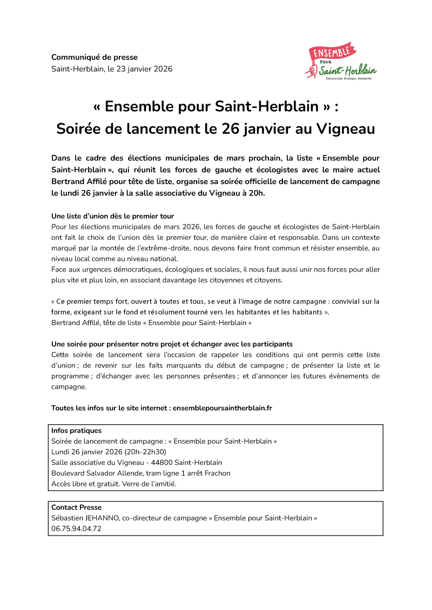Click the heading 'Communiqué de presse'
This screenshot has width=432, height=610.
tap(94, 57)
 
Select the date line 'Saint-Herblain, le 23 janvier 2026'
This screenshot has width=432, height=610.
tap(112, 69)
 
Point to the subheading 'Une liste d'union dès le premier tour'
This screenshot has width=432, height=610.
tap(112, 216)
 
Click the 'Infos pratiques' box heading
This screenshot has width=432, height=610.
tap(76, 431)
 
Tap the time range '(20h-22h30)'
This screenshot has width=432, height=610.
tap(145, 452)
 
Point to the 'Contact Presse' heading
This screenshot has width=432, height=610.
tap(76, 507)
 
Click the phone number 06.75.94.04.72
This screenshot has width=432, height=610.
tap(76, 529)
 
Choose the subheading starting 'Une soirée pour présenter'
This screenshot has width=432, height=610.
tap(172, 344)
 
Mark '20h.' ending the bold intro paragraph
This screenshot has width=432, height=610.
tap(257, 193)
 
